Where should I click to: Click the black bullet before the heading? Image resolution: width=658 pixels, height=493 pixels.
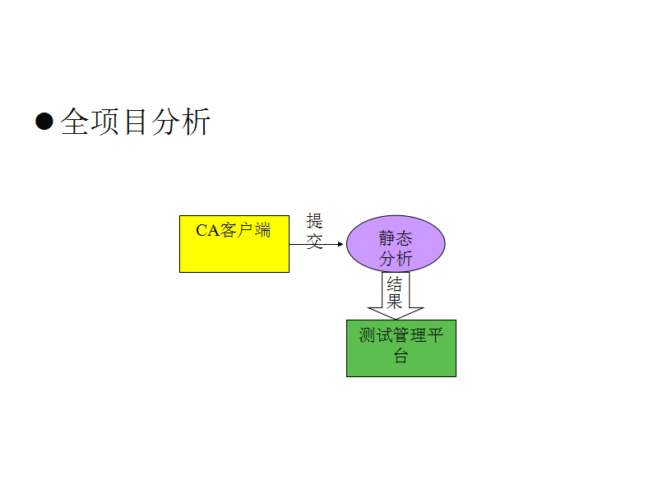(x=44, y=122)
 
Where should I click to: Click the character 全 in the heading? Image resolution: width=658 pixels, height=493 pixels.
(x=76, y=122)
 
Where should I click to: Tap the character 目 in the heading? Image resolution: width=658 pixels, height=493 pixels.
(x=136, y=122)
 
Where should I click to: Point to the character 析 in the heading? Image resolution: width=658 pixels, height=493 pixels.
(x=196, y=122)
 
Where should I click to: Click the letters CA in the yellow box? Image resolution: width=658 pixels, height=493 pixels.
(x=208, y=231)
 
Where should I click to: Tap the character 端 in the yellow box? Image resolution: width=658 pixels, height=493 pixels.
(x=262, y=230)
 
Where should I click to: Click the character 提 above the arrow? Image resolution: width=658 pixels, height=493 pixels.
(x=315, y=221)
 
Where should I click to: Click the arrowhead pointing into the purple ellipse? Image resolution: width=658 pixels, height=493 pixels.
(x=340, y=244)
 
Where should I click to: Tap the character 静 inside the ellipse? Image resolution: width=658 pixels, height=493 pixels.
(x=387, y=238)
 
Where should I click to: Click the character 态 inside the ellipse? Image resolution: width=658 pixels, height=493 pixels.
(x=404, y=238)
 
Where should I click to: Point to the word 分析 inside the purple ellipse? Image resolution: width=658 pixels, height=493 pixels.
(x=396, y=258)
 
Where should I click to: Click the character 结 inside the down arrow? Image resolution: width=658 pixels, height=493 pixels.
(x=396, y=284)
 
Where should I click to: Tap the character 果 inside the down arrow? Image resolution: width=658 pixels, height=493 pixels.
(x=396, y=302)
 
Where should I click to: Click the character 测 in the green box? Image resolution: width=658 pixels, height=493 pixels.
(x=367, y=336)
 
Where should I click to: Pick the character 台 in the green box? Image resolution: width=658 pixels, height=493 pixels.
(x=401, y=356)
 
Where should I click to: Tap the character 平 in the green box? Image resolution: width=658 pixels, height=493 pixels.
(x=436, y=336)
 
